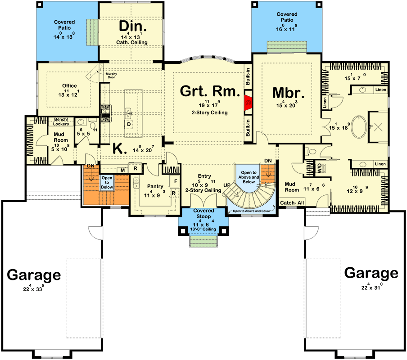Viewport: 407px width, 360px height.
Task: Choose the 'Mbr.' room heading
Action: (x=289, y=93)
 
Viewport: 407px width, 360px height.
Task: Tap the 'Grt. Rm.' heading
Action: (x=210, y=91)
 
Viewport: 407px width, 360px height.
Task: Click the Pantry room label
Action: (x=154, y=186)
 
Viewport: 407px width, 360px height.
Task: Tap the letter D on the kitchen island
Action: (x=129, y=124)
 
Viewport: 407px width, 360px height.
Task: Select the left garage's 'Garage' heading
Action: (x=34, y=274)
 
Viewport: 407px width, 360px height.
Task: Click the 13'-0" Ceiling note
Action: (x=203, y=229)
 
